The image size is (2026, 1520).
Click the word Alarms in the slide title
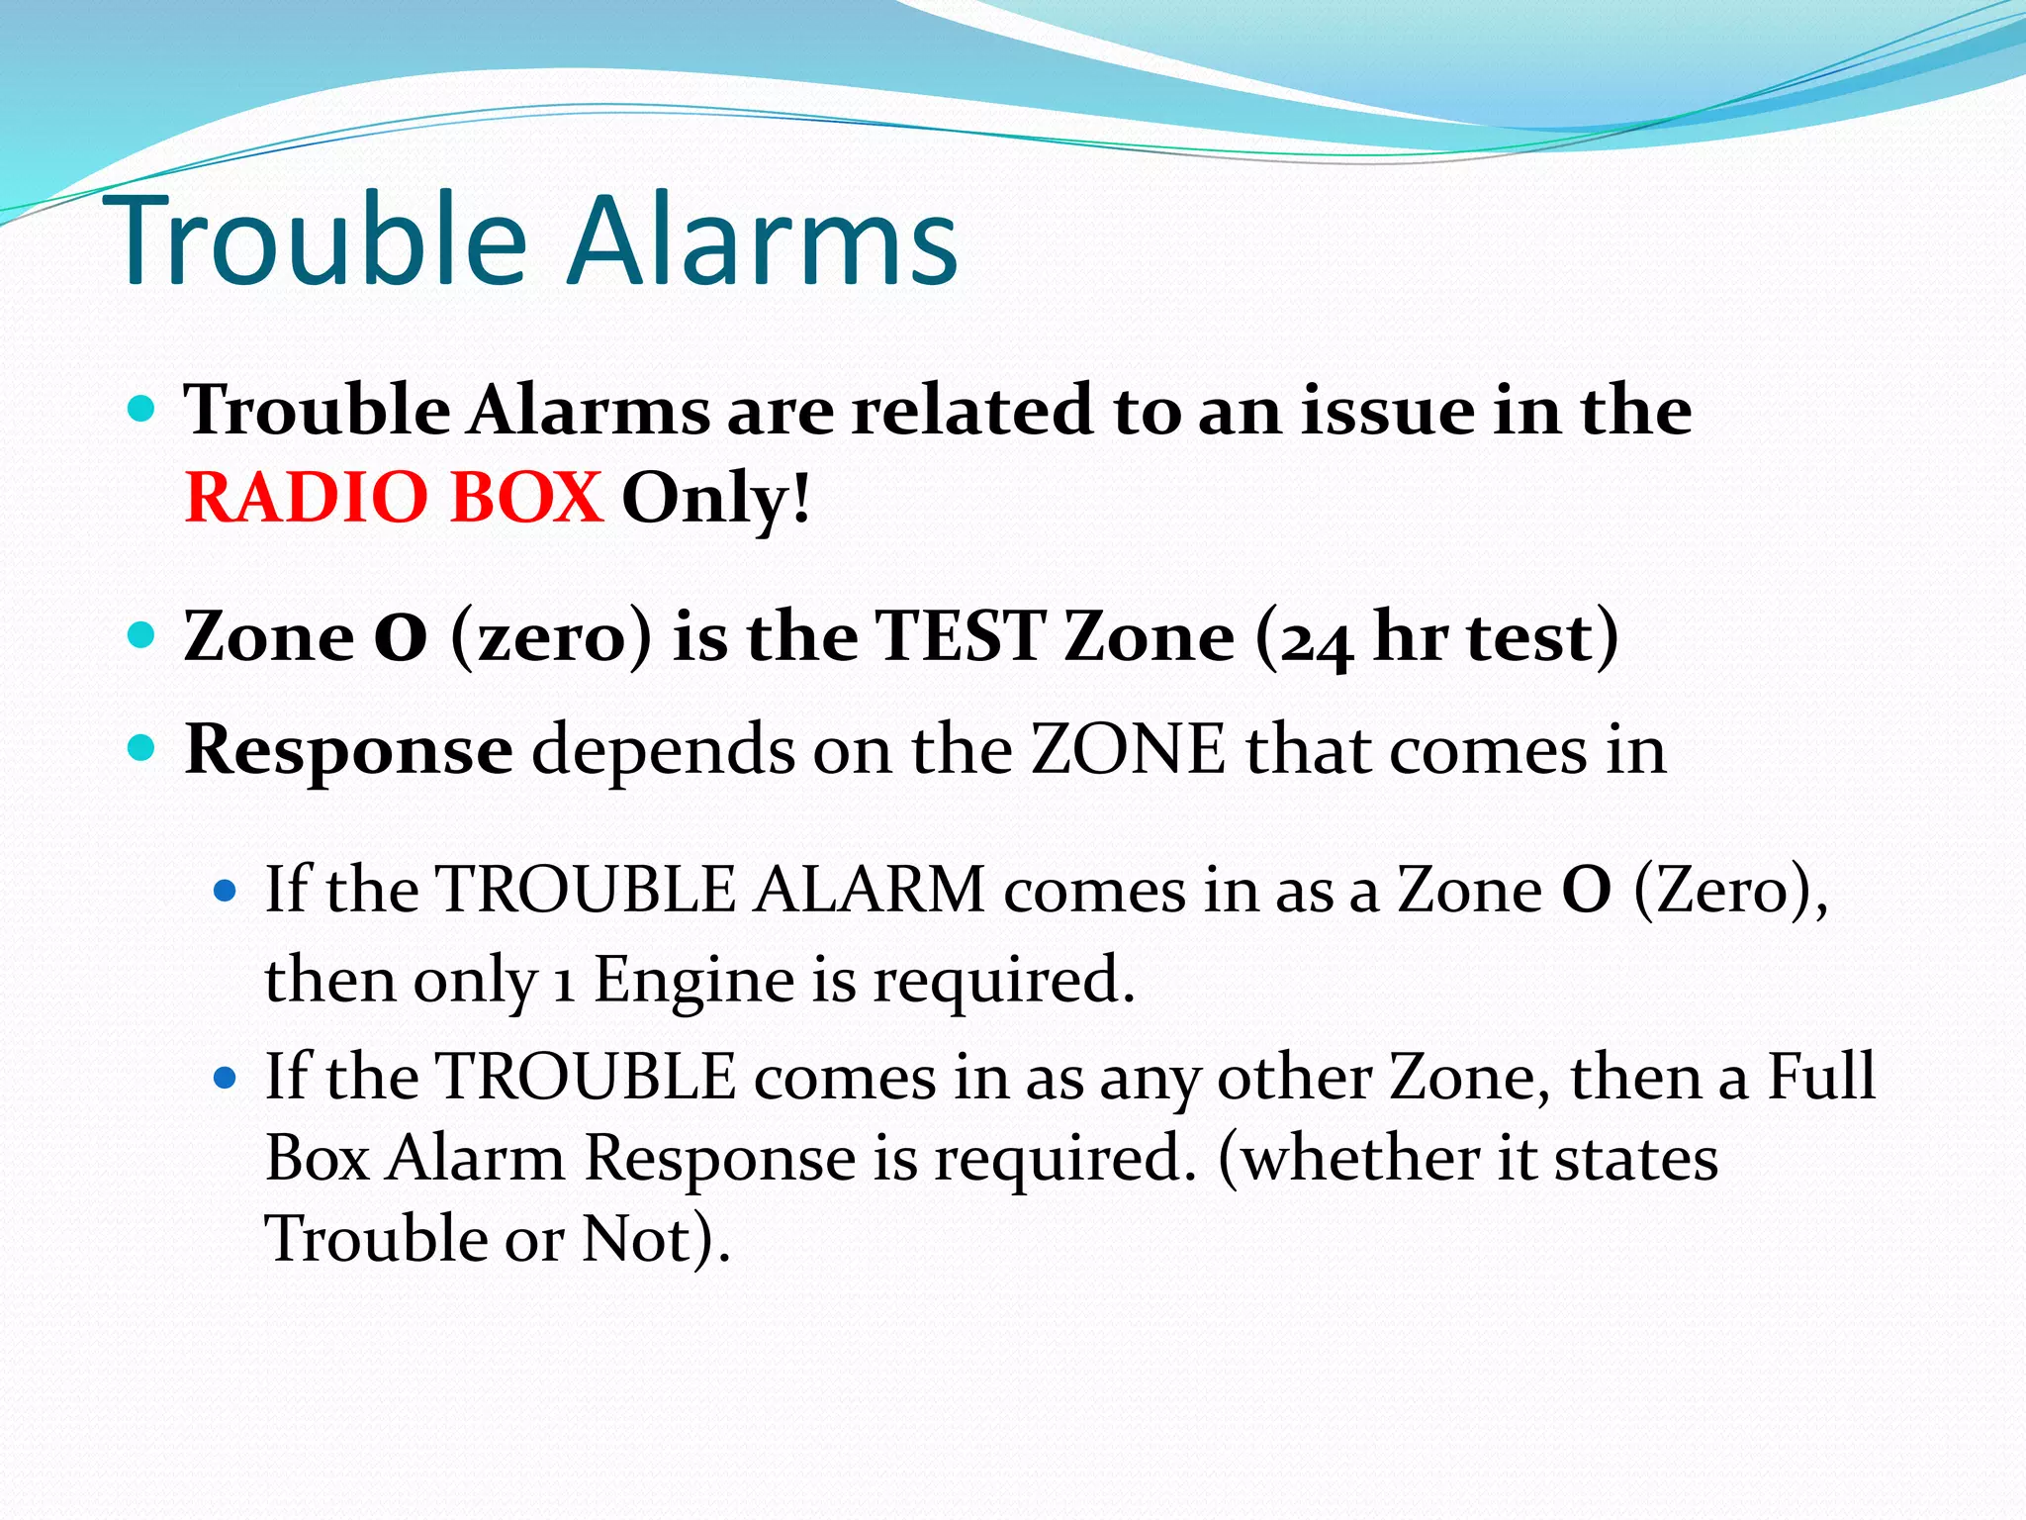coord(762,240)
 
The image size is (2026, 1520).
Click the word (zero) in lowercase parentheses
coord(551,637)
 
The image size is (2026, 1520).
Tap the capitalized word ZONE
coord(1128,750)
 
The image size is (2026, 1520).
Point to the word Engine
coord(693,980)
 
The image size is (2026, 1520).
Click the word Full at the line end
coord(1821,1076)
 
